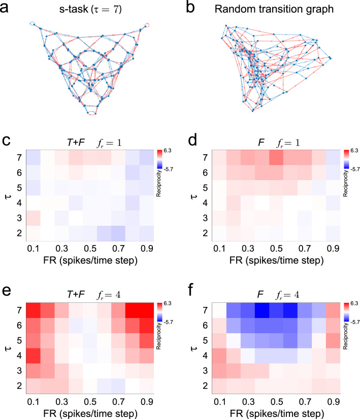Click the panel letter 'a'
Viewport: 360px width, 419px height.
(7, 8)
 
